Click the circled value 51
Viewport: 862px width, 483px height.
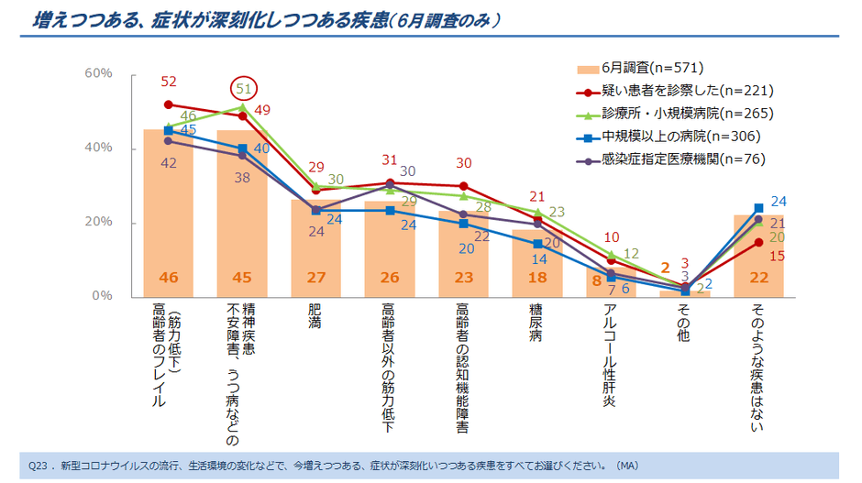pyautogui.click(x=245, y=89)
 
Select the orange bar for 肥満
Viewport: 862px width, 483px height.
pyautogui.click(x=315, y=247)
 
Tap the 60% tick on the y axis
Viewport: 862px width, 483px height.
pyautogui.click(x=98, y=73)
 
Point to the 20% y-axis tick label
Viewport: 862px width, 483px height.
pyautogui.click(x=98, y=223)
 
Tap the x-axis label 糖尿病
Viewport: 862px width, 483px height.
pyautogui.click(x=537, y=322)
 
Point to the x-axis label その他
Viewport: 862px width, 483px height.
pyautogui.click(x=685, y=322)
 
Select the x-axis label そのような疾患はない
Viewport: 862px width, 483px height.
pyautogui.click(x=758, y=367)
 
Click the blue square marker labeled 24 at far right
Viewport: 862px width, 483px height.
pyautogui.click(x=758, y=208)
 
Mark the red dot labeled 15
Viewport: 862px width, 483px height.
pyautogui.click(x=758, y=242)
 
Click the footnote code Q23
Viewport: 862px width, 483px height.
pyautogui.click(x=38, y=466)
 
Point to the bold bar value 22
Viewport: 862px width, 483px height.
pyautogui.click(x=758, y=278)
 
